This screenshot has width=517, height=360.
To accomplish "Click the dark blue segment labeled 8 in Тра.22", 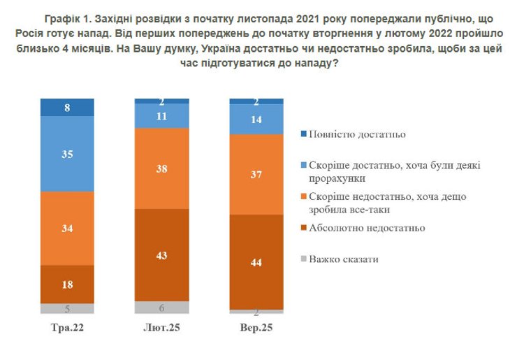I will point(67,108).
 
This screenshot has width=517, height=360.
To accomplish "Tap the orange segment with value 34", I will point(67,228).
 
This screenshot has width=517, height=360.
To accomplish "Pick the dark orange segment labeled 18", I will point(67,284).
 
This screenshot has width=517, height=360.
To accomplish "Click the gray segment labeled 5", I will point(67,308).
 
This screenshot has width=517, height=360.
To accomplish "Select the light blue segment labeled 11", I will point(161,117).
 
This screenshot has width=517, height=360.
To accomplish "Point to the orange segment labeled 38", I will point(161,168).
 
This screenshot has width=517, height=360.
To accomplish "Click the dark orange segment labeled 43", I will point(161,255).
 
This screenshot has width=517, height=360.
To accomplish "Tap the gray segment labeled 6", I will point(161,308).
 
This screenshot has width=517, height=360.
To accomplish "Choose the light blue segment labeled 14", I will point(256,119).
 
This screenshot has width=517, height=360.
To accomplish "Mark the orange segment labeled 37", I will point(256,174).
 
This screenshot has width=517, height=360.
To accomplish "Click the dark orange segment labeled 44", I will point(256,261).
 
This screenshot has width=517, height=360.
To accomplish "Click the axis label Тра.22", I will point(67,328).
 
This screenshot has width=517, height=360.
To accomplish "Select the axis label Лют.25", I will point(161,328).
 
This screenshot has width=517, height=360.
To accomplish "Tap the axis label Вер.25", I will point(256,328).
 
